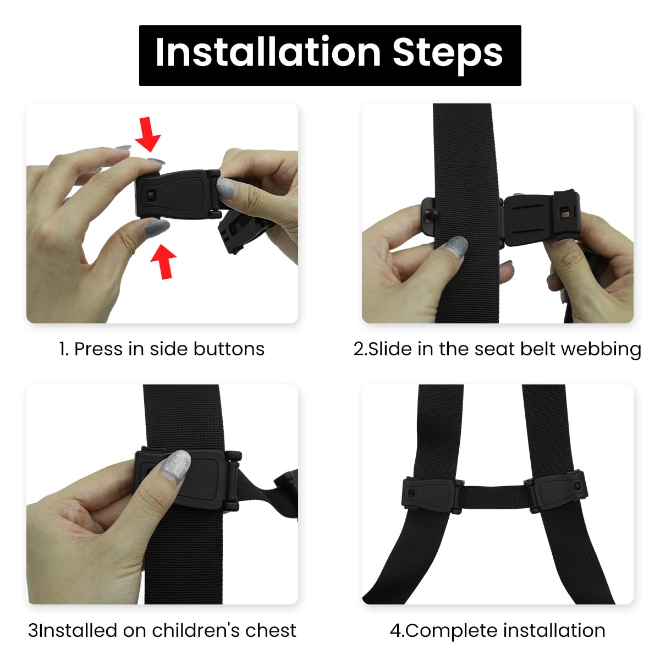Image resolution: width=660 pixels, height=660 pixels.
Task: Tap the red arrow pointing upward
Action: [x=164, y=261]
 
